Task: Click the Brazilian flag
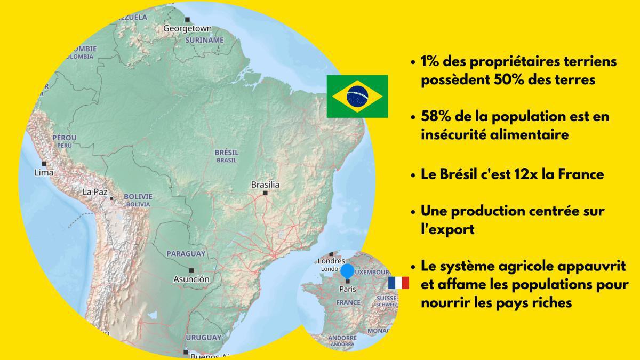coord(357,97)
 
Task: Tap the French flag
coord(398,283)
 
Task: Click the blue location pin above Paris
coord(347,271)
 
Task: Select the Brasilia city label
coord(265,185)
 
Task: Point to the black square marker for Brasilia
coord(265,193)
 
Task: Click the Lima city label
coord(44,173)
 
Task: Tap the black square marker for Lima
coord(44,164)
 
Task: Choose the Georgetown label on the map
coord(187,29)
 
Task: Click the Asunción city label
coord(191,279)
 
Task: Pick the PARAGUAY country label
coord(186,254)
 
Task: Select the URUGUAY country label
coord(203,338)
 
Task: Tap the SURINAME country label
coord(205,41)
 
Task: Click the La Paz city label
coord(95,192)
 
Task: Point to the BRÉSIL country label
coord(227,153)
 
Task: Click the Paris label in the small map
coord(348,289)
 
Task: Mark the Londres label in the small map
coord(331,261)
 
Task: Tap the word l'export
coord(447,229)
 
